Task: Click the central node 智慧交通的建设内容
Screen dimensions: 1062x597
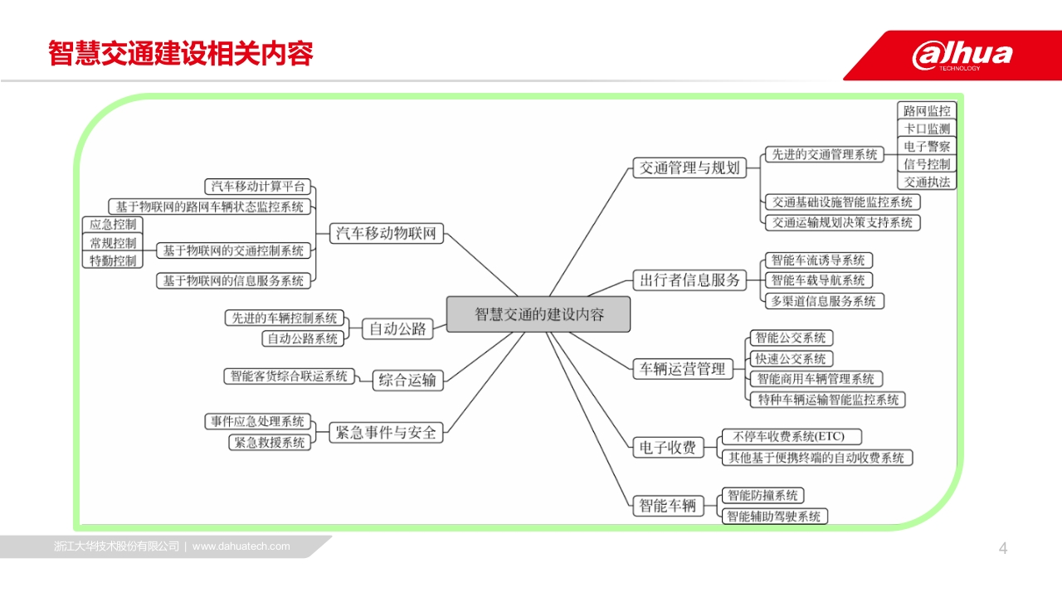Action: click(x=538, y=314)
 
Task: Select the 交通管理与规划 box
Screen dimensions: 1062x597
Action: click(x=689, y=167)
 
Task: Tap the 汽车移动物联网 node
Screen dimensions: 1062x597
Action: click(x=387, y=233)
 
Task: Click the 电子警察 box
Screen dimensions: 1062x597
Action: click(x=927, y=147)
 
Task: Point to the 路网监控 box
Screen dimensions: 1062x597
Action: click(x=927, y=111)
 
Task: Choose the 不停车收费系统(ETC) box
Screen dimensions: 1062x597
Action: click(x=792, y=436)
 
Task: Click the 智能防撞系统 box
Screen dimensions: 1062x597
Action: click(x=762, y=496)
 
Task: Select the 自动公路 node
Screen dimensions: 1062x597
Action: click(x=397, y=329)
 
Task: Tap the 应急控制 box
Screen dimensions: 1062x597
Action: click(x=113, y=225)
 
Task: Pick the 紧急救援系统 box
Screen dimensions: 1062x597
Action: click(x=270, y=443)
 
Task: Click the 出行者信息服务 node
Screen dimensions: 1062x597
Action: click(x=689, y=280)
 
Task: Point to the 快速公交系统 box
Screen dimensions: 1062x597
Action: click(x=792, y=359)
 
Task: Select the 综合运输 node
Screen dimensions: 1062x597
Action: click(x=407, y=380)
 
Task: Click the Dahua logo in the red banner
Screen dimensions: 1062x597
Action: click(x=962, y=56)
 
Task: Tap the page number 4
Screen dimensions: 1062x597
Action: click(x=1003, y=548)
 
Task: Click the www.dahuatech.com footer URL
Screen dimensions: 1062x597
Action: click(x=241, y=546)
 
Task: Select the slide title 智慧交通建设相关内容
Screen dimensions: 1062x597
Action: click(x=181, y=53)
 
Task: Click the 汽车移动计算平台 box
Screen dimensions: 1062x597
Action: click(x=257, y=187)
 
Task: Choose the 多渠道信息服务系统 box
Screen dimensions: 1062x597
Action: click(x=825, y=301)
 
